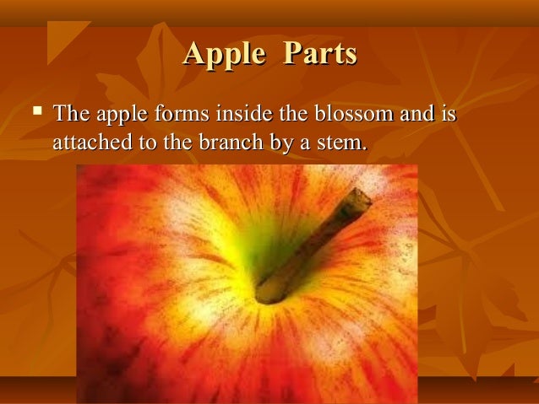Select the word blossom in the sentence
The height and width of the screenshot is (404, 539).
tap(350, 113)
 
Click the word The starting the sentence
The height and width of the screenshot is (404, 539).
tap(70, 113)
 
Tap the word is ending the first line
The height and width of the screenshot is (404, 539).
tap(447, 113)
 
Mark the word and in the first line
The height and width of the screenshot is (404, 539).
tap(413, 113)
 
